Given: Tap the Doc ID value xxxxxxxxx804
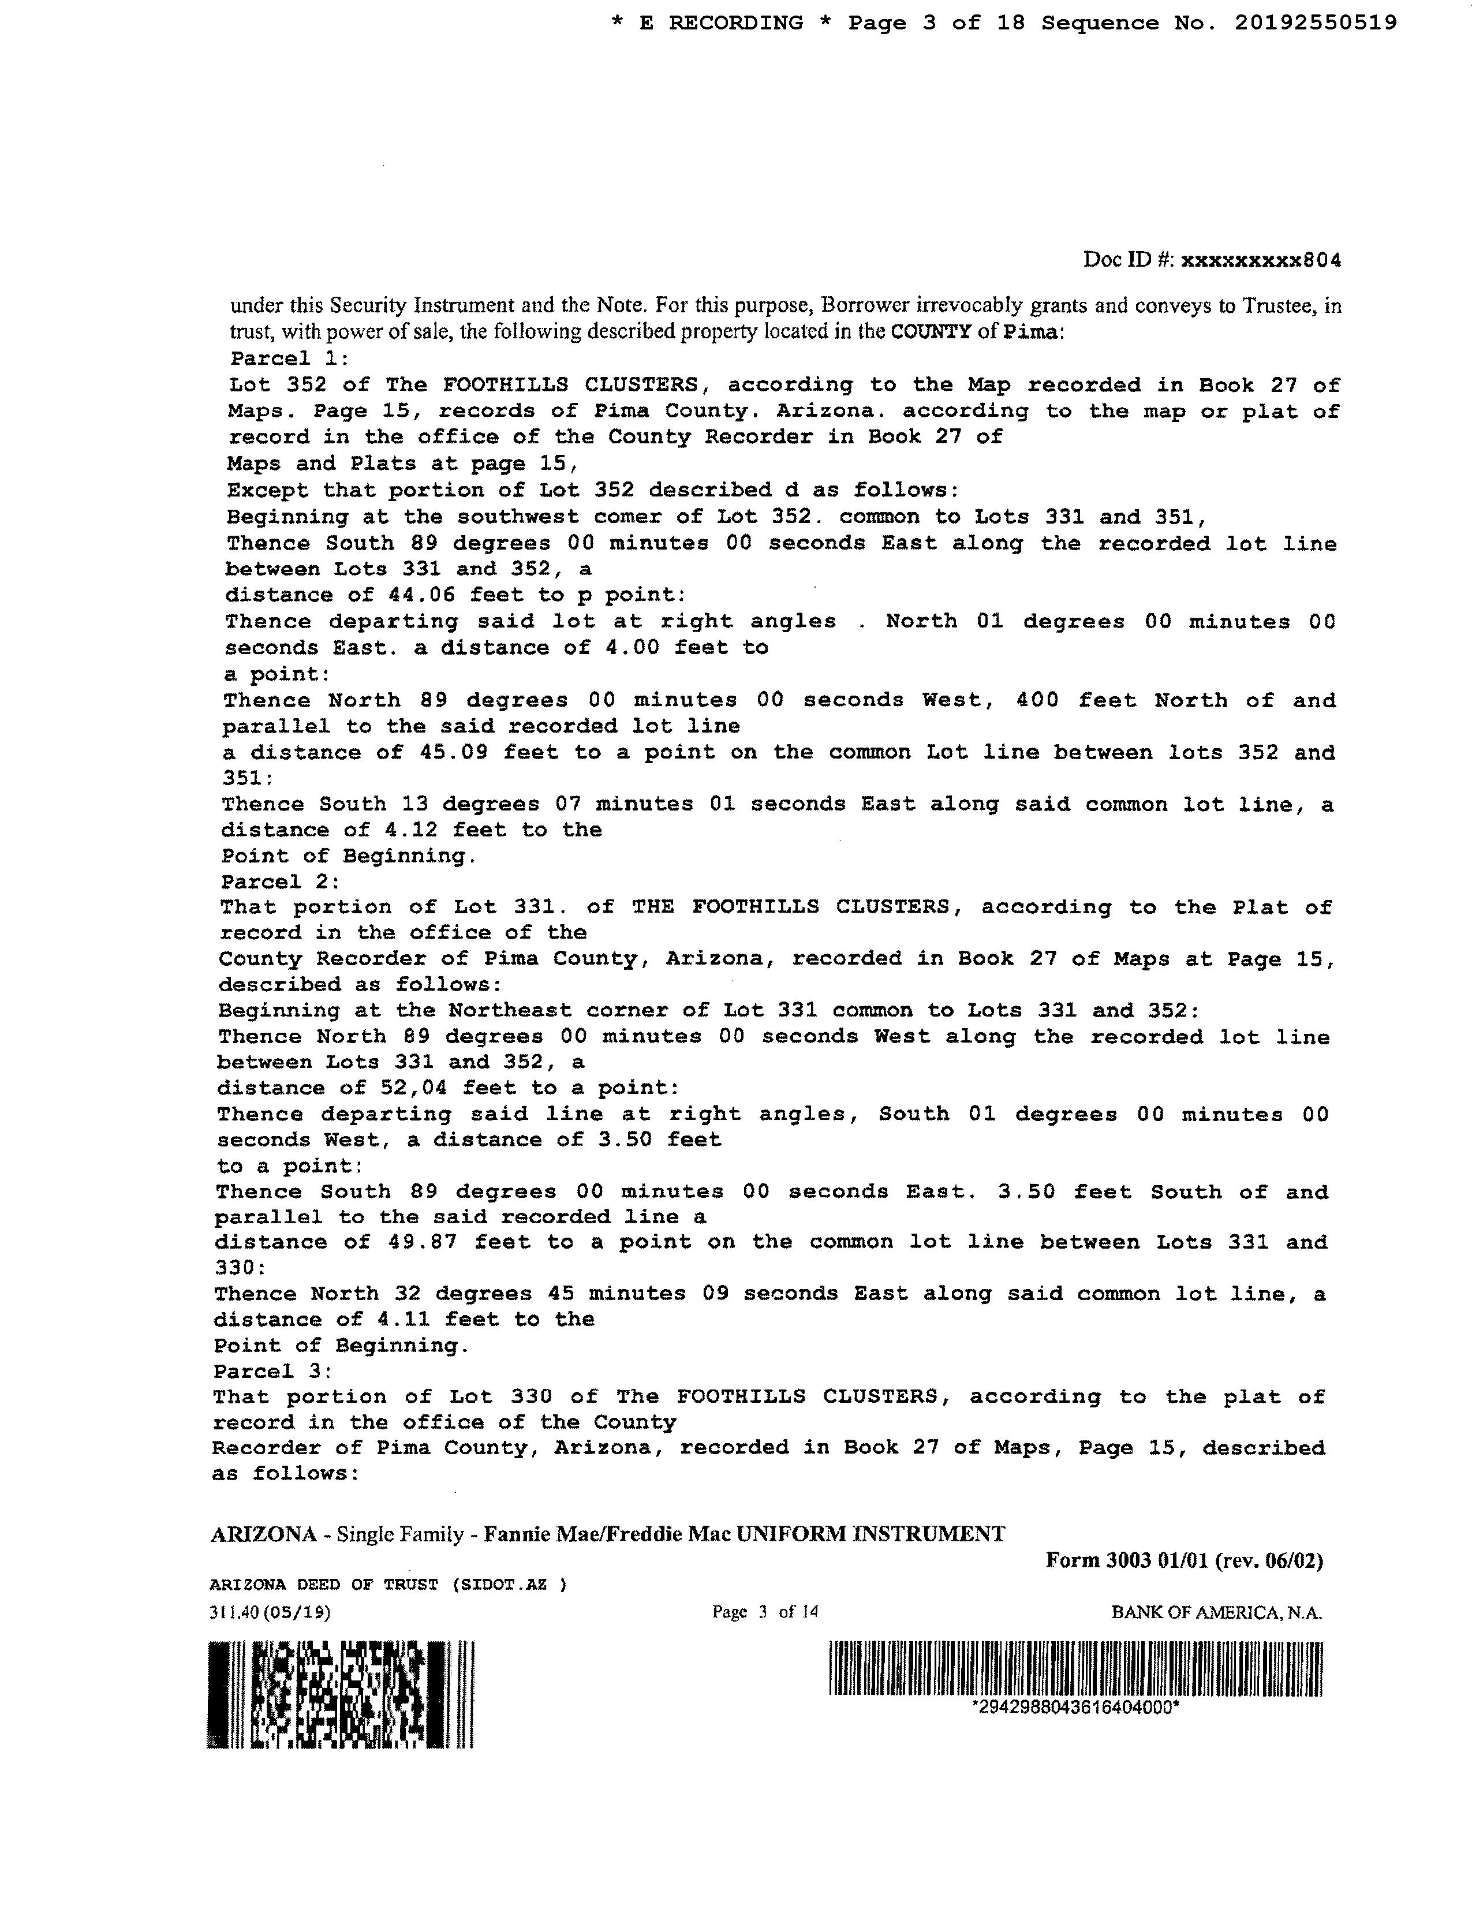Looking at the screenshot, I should (1260, 260).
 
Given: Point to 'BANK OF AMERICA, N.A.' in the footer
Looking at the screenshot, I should (1216, 1613).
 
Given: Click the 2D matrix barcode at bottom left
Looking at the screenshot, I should (340, 1694).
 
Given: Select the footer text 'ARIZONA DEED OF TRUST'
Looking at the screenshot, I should (323, 1585).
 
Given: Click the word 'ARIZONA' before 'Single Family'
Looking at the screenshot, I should (263, 1534).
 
